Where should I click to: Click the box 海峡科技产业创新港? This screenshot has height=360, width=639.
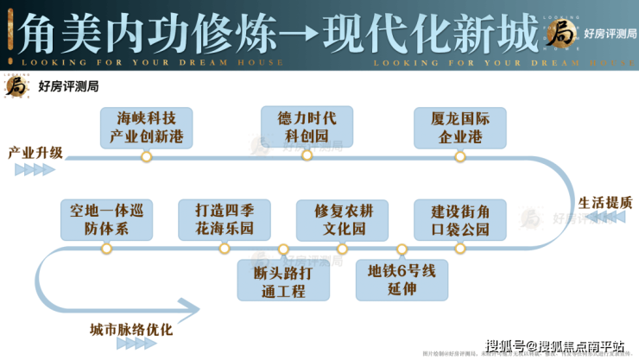tap(146, 128)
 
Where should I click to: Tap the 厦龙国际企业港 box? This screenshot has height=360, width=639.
tap(460, 128)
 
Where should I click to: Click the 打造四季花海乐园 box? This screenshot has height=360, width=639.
tap(225, 220)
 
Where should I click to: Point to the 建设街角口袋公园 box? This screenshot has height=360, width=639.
tap(460, 220)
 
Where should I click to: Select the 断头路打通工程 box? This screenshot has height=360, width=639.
tap(283, 280)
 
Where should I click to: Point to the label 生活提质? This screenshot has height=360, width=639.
tap(604, 203)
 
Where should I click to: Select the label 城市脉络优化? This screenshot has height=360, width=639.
tap(130, 330)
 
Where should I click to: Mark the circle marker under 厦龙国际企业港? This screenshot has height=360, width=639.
tap(460, 157)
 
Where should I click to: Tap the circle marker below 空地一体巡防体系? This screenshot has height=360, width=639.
tap(106, 249)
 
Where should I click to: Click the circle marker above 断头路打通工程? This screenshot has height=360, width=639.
tap(283, 249)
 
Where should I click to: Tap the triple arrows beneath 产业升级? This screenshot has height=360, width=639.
tap(35, 169)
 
